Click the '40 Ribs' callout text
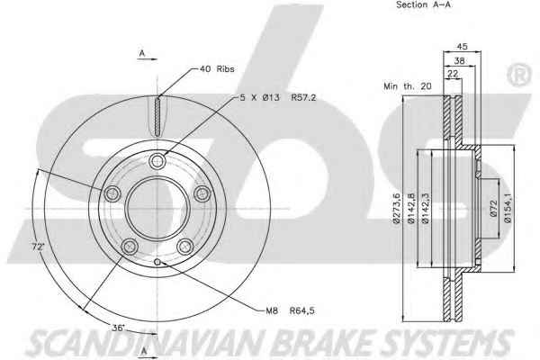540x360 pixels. [x=217, y=69]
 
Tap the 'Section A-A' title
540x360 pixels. [x=423, y=4]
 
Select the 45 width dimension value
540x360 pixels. [x=462, y=46]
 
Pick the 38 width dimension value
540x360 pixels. [x=459, y=61]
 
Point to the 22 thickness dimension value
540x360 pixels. [x=453, y=74]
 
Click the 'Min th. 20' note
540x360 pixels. [x=408, y=86]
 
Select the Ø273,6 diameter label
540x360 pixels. [x=397, y=209]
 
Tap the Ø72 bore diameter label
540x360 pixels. [x=494, y=209]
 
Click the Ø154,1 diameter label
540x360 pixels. [x=508, y=209]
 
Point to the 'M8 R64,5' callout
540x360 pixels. [x=290, y=310]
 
